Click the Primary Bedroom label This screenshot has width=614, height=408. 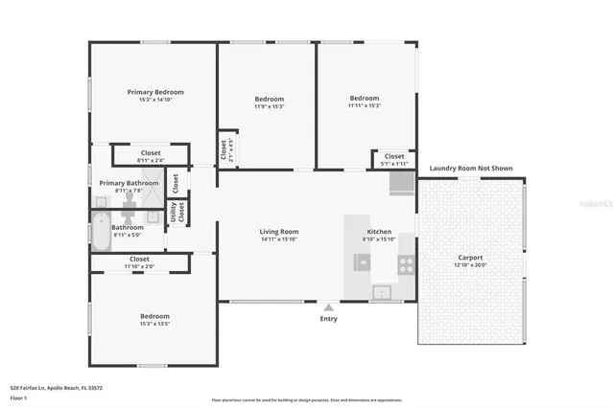(155, 92)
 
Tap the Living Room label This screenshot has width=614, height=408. (279, 232)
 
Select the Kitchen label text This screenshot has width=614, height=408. (378, 232)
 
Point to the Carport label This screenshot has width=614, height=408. (470, 258)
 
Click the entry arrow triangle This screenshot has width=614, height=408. (329, 307)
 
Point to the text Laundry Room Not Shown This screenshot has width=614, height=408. (470, 169)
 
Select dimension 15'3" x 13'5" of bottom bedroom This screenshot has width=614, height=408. (154, 324)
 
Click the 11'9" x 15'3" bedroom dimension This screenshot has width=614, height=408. (269, 106)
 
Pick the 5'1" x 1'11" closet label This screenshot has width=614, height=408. (394, 163)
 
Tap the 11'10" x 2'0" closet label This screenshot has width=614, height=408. (139, 266)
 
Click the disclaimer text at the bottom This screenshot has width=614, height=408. (307, 400)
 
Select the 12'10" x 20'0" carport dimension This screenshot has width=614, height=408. (470, 265)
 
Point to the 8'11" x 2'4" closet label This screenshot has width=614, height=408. (151, 160)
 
